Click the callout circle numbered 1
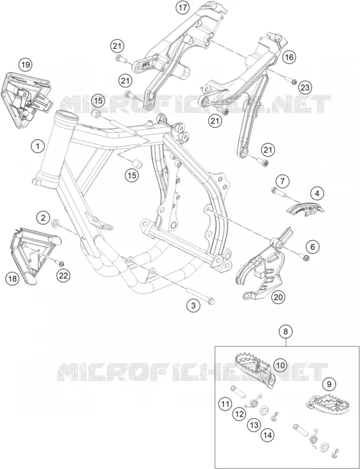(37, 147)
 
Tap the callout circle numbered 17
(183, 7)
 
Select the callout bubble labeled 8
(286, 331)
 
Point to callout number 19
(26, 65)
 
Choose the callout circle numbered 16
(290, 57)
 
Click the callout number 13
(254, 425)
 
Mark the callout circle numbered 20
(278, 297)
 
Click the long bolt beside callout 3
(200, 296)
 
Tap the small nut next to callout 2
(55, 223)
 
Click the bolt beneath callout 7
(278, 193)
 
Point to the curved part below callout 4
(305, 208)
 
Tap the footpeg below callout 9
(327, 404)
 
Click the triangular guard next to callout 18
(35, 254)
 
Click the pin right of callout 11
(237, 392)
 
